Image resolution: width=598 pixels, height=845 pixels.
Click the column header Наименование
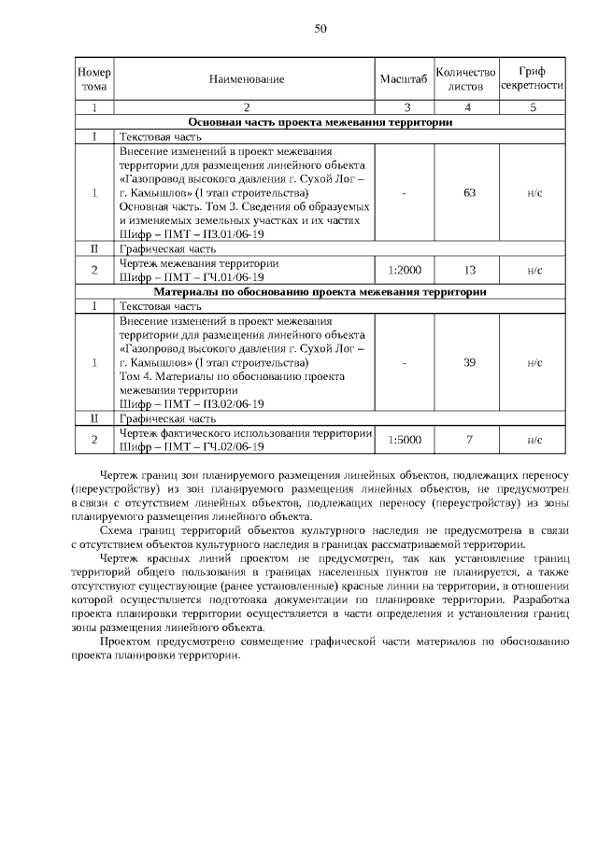click(x=247, y=79)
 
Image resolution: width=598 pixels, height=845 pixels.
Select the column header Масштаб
click(x=404, y=79)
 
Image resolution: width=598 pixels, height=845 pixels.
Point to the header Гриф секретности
click(x=532, y=79)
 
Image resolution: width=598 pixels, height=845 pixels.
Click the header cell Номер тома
click(x=93, y=79)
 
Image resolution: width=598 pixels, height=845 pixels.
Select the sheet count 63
click(x=470, y=192)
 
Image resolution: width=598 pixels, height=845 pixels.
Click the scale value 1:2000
click(x=404, y=270)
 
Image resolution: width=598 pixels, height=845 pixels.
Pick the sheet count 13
click(x=470, y=270)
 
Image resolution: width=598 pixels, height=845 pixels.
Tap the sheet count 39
click(x=470, y=362)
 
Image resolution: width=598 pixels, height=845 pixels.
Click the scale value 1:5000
click(x=404, y=440)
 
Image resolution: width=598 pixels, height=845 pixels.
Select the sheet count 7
click(x=470, y=440)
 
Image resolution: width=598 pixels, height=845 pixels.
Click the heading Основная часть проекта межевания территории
click(x=320, y=122)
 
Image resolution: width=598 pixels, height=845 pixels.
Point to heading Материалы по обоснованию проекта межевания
click(x=320, y=292)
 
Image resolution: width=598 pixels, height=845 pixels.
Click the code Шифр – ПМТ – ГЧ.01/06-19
click(x=192, y=277)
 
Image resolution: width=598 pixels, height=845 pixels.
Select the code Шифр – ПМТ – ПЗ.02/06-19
click(x=192, y=403)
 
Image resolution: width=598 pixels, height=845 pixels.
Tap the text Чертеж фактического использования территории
click(x=246, y=433)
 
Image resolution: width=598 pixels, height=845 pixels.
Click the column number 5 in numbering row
click(x=532, y=108)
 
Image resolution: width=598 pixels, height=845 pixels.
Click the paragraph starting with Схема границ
click(x=320, y=538)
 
